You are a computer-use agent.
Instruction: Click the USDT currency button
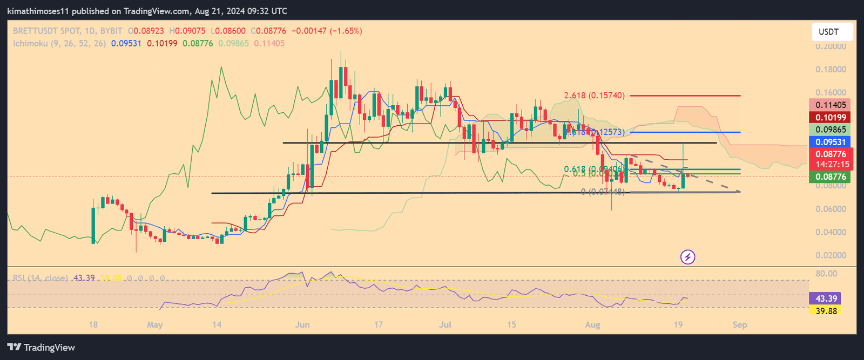[x=832, y=32]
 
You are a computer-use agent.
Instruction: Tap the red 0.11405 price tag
[x=831, y=105]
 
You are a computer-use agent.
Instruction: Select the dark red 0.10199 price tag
[x=831, y=118]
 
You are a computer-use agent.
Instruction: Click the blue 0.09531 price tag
[x=831, y=142]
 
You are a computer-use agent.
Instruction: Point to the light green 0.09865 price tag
[x=831, y=130]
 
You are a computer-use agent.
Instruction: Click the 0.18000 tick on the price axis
[x=831, y=70]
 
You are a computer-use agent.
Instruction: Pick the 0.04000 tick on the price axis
[x=831, y=232]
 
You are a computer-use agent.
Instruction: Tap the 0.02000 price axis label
[x=831, y=255]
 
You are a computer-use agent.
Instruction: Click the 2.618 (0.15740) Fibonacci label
[x=594, y=96]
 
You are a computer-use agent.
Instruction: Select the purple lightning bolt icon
[x=687, y=257]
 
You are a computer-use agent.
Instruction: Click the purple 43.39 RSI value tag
[x=826, y=298]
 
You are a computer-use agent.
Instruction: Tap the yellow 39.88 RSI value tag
[x=826, y=311]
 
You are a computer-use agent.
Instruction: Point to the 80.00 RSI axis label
[x=826, y=274]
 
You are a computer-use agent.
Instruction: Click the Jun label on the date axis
[x=302, y=324]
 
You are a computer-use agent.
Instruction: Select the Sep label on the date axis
[x=739, y=324]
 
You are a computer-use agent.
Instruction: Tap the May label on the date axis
[x=154, y=324]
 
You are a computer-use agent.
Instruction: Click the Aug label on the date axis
[x=592, y=324]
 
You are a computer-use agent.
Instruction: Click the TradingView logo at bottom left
[x=41, y=347]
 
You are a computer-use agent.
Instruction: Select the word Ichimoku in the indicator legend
[x=31, y=43]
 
